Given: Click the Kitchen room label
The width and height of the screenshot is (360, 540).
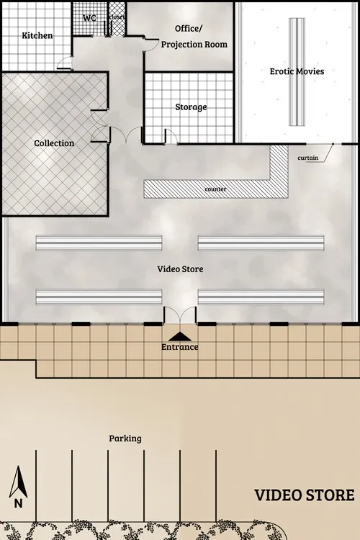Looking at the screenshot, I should click(37, 35).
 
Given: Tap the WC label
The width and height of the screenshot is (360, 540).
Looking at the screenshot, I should click(90, 17).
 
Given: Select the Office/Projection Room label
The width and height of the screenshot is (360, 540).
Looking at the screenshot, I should click(194, 37).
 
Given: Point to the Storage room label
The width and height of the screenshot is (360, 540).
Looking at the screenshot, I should click(191, 107).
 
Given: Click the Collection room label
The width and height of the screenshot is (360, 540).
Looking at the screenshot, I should click(54, 143).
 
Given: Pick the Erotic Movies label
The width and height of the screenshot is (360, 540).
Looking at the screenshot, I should click(297, 71).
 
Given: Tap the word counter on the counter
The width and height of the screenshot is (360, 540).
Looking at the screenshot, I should click(216, 189).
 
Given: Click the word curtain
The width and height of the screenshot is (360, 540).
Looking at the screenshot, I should click(307, 158).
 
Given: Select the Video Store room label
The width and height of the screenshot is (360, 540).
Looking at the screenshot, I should click(180, 269).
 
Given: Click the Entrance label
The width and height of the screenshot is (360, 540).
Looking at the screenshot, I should click(180, 347).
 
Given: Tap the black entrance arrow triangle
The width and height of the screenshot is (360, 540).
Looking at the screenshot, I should click(180, 336).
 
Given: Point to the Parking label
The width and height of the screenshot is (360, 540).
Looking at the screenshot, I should click(125, 438).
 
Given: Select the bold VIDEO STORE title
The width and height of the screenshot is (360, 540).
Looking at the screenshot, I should click(305, 495).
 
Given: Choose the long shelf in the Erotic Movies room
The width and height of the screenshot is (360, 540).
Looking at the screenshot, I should click(296, 71).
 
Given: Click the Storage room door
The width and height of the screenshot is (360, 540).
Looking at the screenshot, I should click(171, 135).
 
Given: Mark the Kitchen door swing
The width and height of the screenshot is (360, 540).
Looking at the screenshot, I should click(65, 63).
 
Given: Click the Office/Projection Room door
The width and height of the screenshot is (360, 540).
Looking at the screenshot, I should click(150, 41).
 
